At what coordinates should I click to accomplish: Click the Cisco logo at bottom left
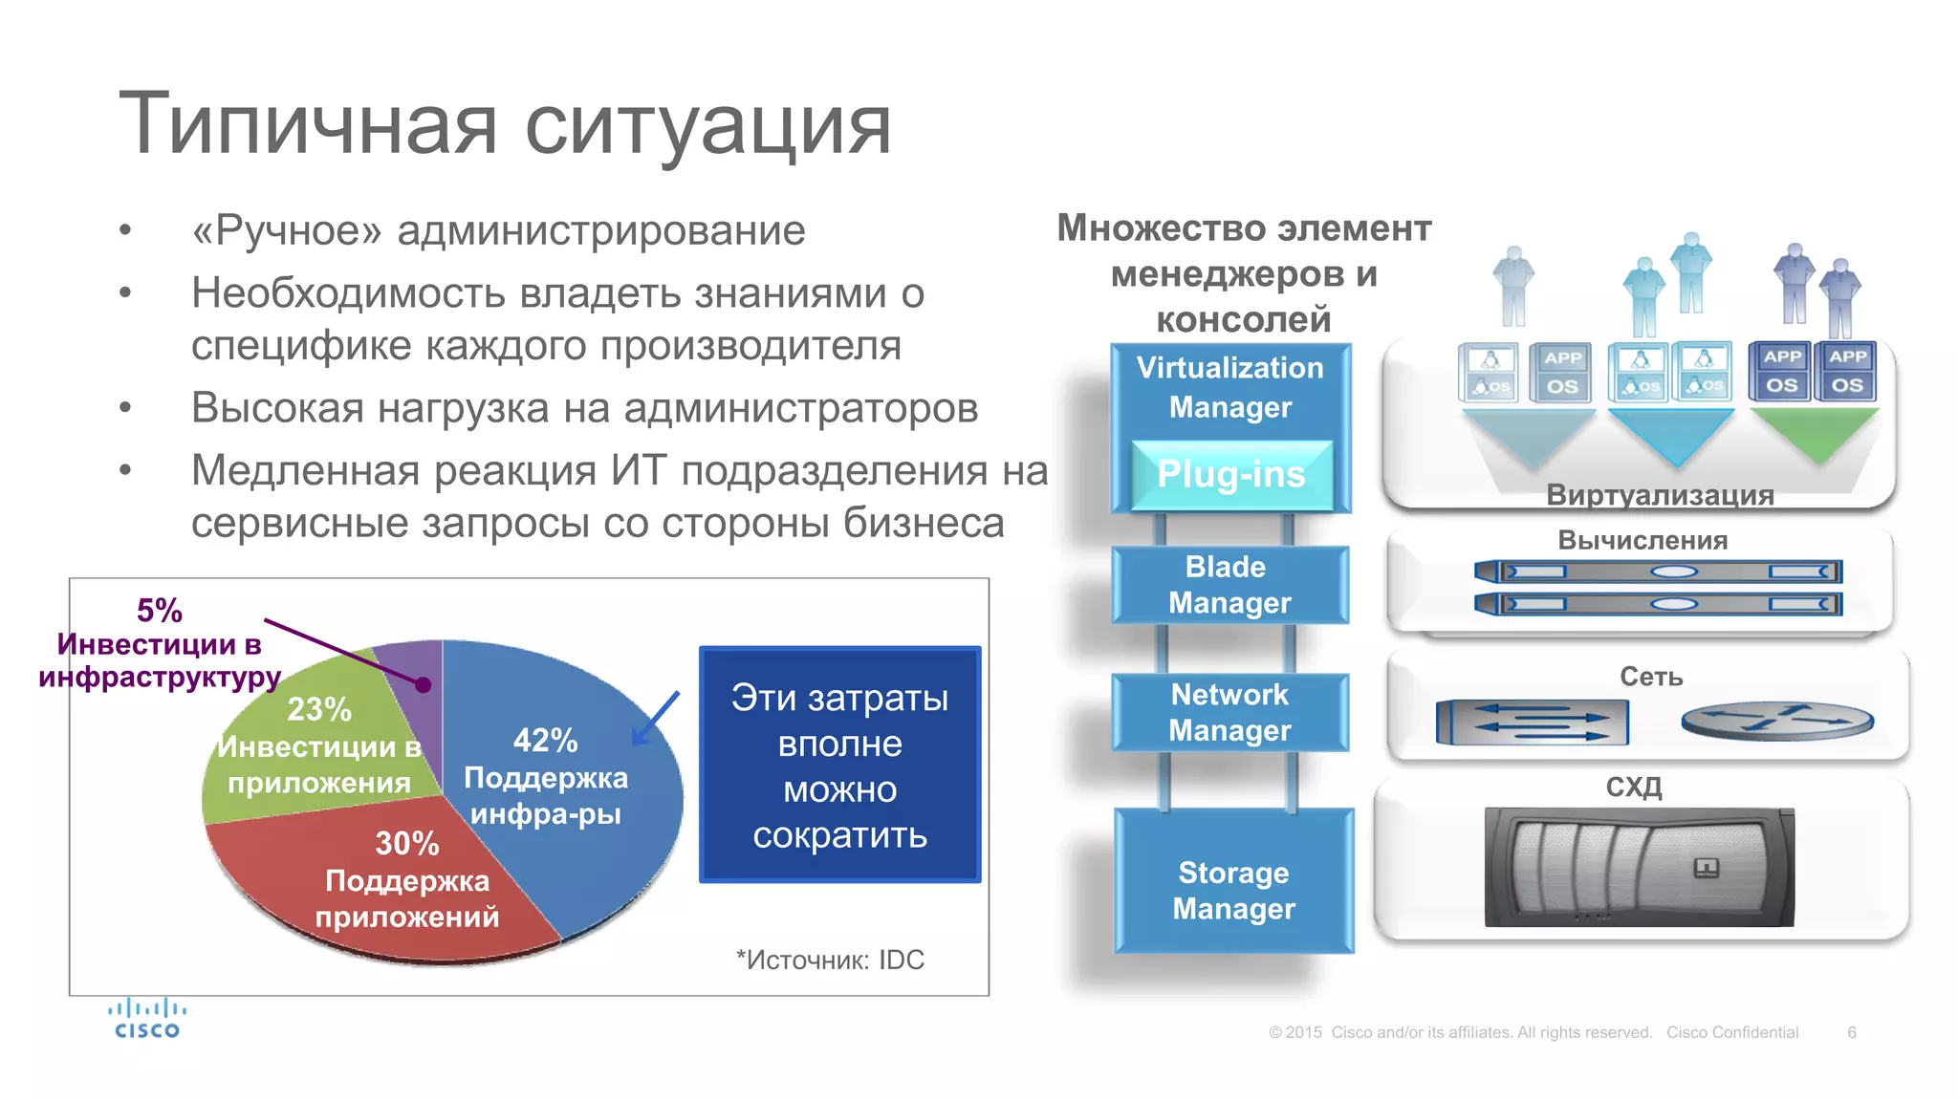pyautogui.click(x=146, y=1019)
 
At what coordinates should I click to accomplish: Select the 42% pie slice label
pyautogui.click(x=545, y=741)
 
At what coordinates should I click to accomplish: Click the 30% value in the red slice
pyautogui.click(x=406, y=843)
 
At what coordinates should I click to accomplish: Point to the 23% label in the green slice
pyautogui.click(x=319, y=709)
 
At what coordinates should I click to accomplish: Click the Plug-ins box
pyautogui.click(x=1230, y=475)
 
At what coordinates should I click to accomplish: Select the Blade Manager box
pyautogui.click(x=1229, y=585)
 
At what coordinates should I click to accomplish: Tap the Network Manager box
pyautogui.click(x=1229, y=712)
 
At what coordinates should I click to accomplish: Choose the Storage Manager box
pyautogui.click(x=1233, y=889)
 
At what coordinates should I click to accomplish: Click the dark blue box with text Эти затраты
pyautogui.click(x=839, y=765)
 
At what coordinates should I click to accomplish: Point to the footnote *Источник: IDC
pyautogui.click(x=830, y=960)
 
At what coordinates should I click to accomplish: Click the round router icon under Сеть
pyautogui.click(x=1776, y=722)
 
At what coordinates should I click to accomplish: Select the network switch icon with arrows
pyautogui.click(x=1532, y=722)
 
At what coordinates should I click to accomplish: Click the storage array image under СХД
pyautogui.click(x=1639, y=868)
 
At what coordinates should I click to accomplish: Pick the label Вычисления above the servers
pyautogui.click(x=1643, y=541)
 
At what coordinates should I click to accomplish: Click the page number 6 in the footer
pyautogui.click(x=1851, y=1032)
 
